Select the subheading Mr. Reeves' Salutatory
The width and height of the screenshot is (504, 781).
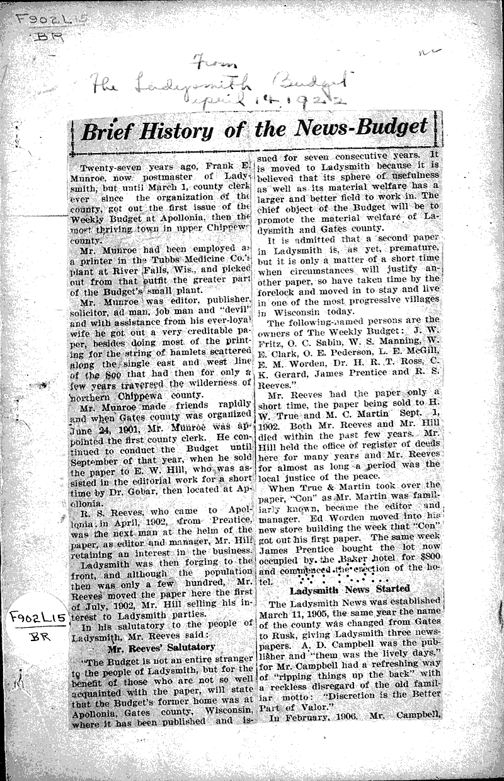pos(161,647)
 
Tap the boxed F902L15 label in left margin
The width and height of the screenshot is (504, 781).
pos(31,620)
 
